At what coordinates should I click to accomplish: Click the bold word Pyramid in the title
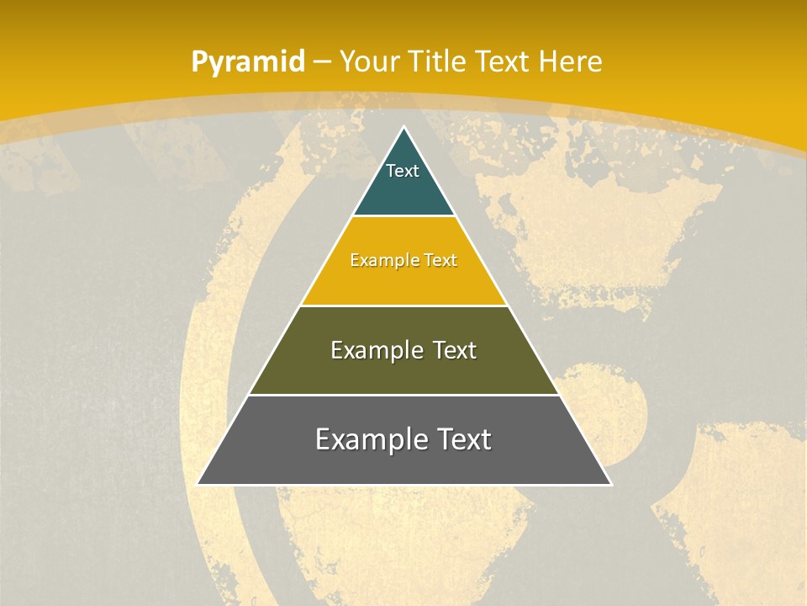(x=248, y=62)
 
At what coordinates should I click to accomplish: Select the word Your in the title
(x=369, y=61)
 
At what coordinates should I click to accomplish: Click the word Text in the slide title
(x=502, y=61)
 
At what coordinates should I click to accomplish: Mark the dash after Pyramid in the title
(x=322, y=62)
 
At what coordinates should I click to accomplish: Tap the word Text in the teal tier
(x=403, y=171)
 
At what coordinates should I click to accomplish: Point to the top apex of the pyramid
(x=404, y=127)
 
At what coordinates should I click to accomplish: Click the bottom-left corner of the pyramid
(x=198, y=484)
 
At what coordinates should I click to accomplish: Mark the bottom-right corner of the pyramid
(x=611, y=484)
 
